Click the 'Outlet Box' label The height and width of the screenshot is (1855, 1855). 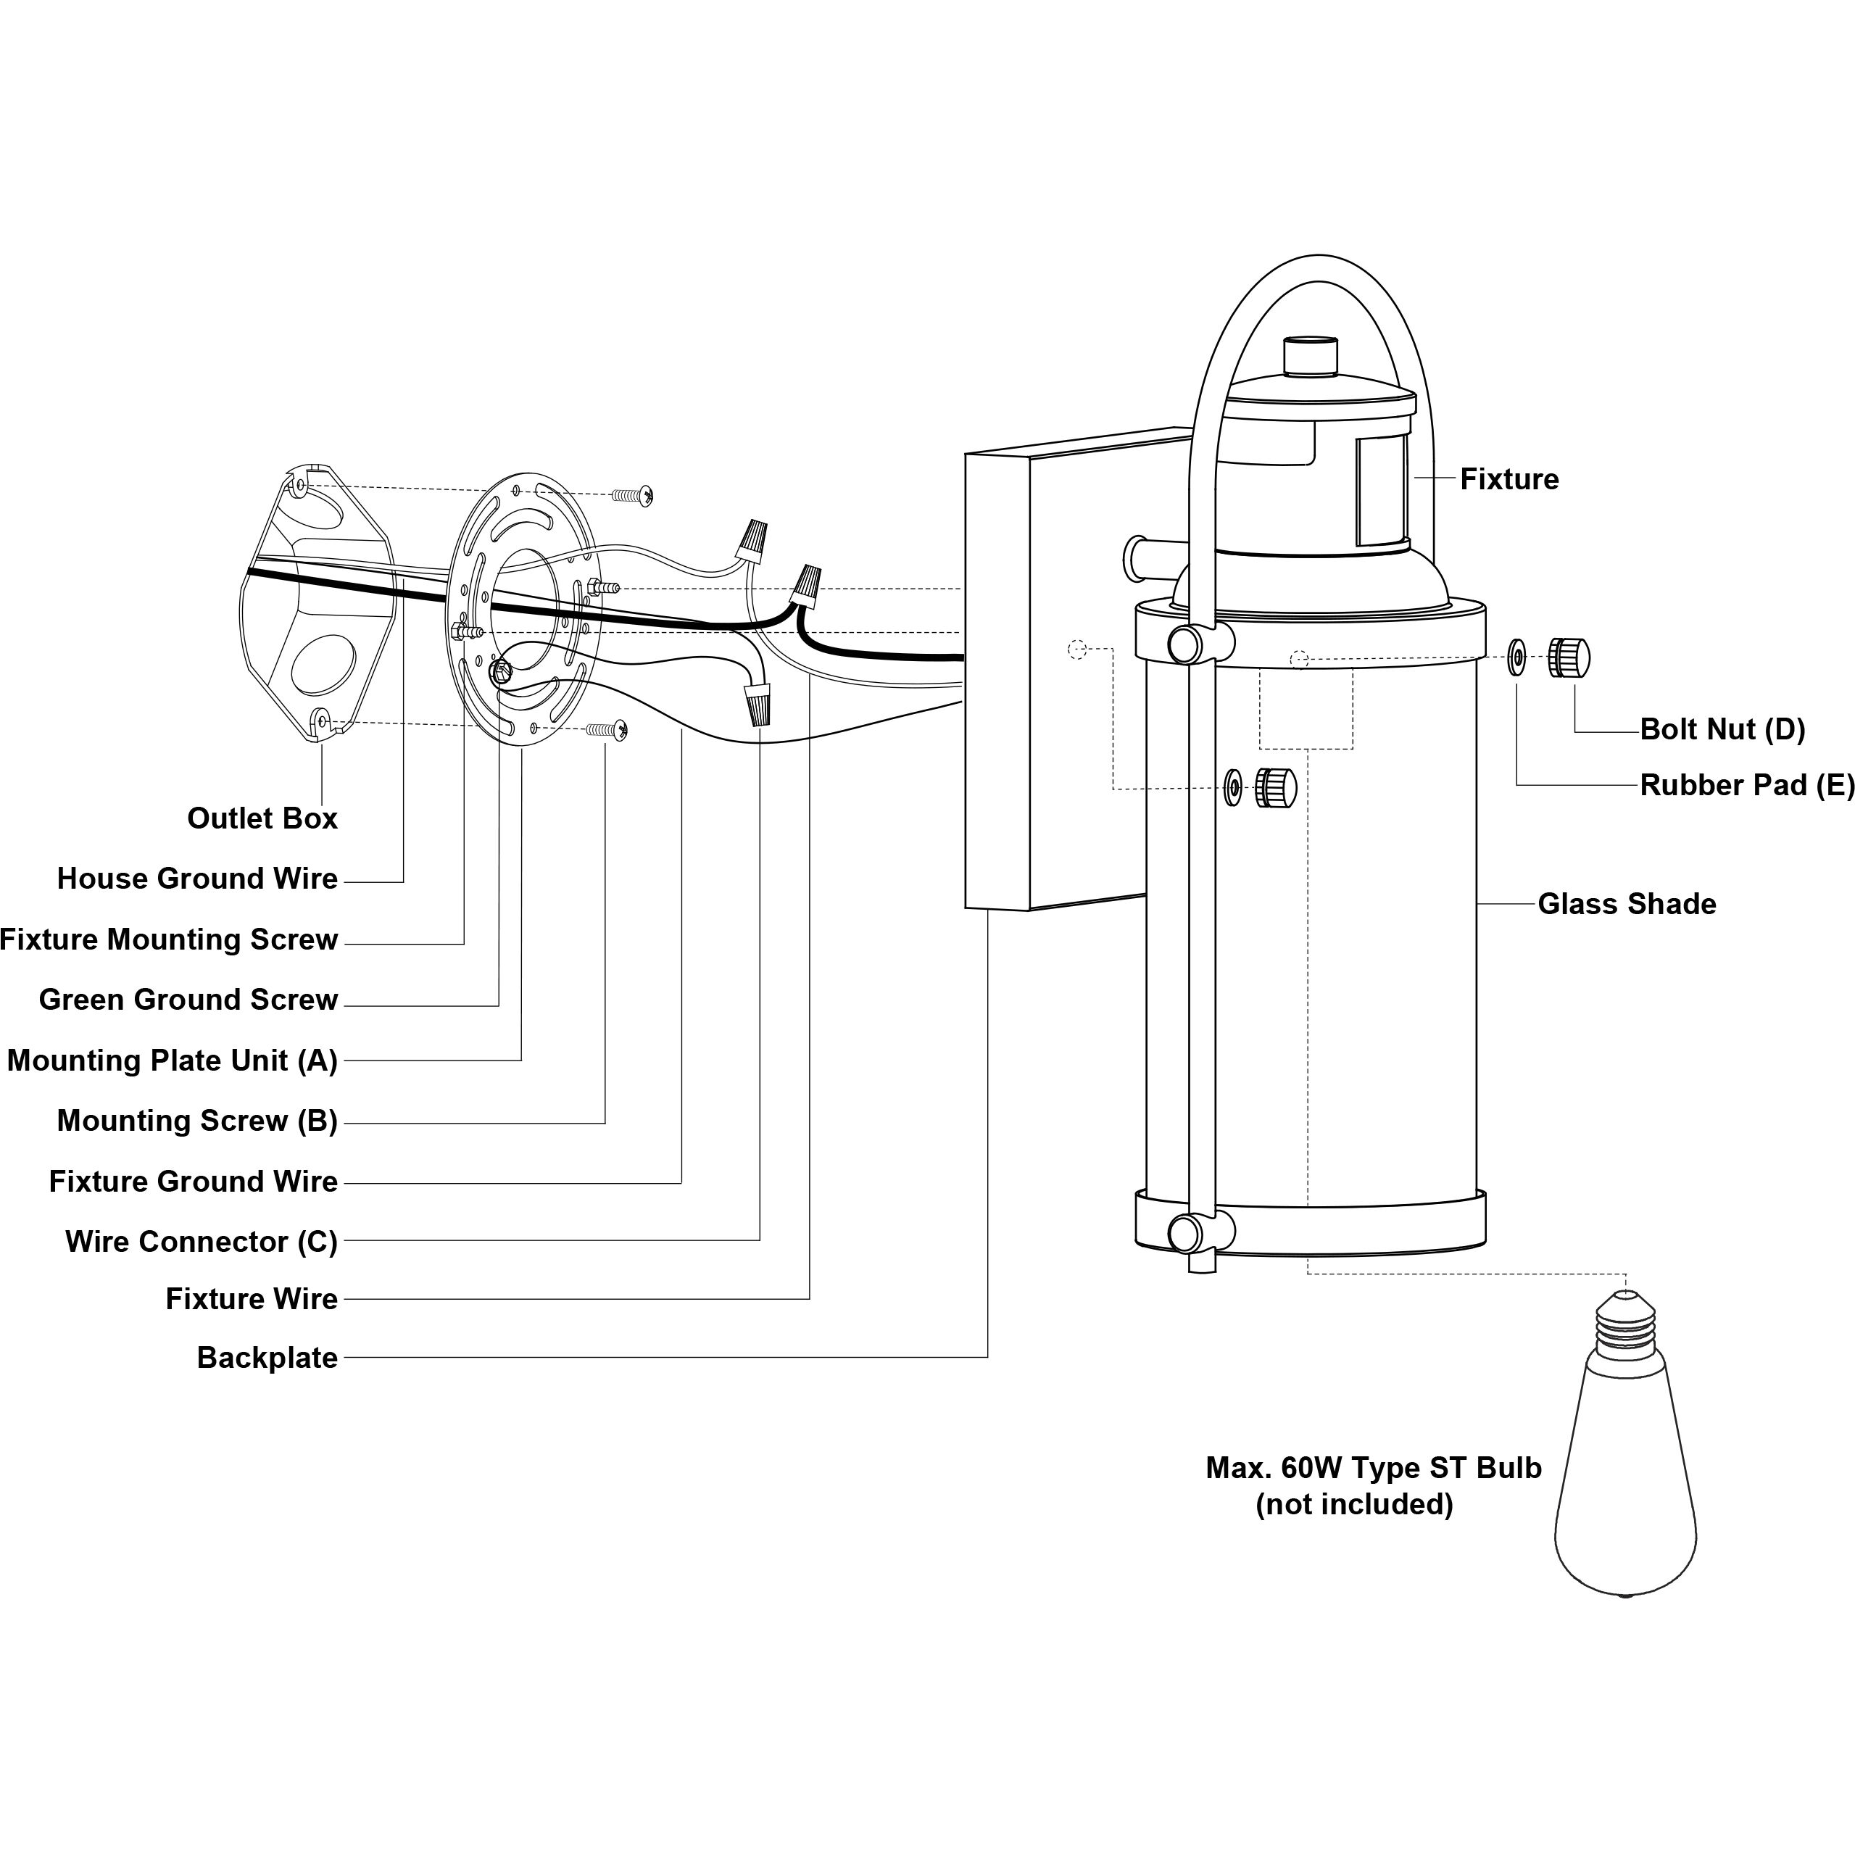(x=262, y=818)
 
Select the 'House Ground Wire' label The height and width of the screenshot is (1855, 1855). (x=197, y=879)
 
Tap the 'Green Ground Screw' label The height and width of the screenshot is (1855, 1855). (x=188, y=1000)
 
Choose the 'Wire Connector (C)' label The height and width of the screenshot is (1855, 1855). (x=202, y=1242)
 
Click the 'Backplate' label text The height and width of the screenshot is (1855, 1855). (x=267, y=1358)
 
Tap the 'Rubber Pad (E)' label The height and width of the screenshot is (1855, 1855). (x=1746, y=785)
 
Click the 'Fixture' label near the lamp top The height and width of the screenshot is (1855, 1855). (x=1509, y=479)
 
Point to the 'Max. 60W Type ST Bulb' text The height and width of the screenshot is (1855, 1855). (x=1373, y=1467)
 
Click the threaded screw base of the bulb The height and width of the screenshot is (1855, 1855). (x=1625, y=1324)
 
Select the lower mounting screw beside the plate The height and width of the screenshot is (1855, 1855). (x=607, y=731)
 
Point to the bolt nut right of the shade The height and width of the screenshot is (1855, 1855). (x=1569, y=657)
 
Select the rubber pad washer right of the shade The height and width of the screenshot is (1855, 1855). (x=1516, y=657)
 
